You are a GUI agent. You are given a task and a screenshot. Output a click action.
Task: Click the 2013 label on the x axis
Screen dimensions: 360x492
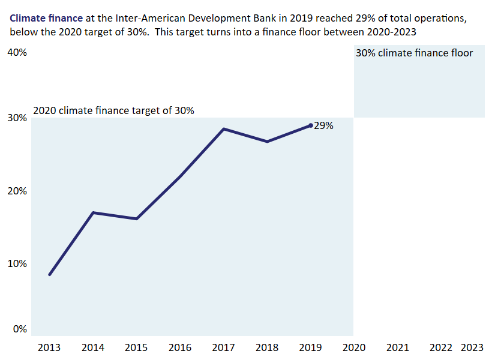49,347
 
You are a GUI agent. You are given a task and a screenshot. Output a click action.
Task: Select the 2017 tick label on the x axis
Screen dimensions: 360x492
223,347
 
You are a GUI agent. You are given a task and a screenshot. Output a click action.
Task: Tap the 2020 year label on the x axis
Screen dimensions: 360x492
353,347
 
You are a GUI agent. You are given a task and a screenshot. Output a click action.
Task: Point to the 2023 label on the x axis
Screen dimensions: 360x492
472,347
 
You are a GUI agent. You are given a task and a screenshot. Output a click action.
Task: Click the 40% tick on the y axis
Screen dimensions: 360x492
17,53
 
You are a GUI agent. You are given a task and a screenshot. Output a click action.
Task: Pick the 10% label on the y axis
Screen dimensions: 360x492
17,263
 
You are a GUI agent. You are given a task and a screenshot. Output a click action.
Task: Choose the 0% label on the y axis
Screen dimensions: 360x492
19,329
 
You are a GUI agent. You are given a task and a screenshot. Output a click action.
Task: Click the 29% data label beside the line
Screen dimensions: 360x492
323,126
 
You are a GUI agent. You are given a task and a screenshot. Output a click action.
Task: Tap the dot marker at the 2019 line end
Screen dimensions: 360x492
310,125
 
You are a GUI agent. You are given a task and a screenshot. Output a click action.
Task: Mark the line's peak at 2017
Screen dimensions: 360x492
223,129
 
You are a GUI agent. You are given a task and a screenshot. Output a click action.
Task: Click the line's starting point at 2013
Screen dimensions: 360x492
49,274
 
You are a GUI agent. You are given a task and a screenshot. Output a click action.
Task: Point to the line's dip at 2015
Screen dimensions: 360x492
136,219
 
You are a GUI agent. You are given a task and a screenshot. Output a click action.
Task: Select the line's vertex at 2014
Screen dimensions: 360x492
93,212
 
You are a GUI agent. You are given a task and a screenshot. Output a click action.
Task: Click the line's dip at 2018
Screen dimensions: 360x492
267,142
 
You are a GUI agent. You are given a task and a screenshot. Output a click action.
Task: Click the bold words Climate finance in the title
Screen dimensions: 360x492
46,18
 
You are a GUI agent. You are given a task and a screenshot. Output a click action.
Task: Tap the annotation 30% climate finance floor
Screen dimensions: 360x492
414,53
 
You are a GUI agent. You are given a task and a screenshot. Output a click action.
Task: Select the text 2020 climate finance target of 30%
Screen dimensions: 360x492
113,110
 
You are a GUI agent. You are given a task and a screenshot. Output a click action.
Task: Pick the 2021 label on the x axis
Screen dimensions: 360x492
397,347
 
